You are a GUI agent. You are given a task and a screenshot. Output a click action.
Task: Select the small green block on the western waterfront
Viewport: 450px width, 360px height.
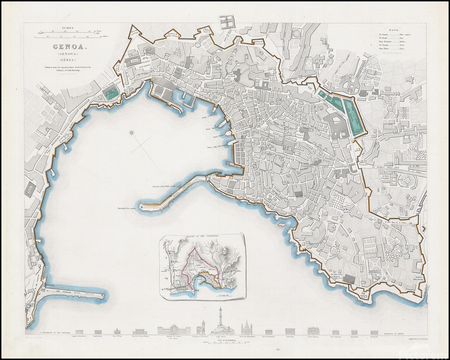tap(112, 91)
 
